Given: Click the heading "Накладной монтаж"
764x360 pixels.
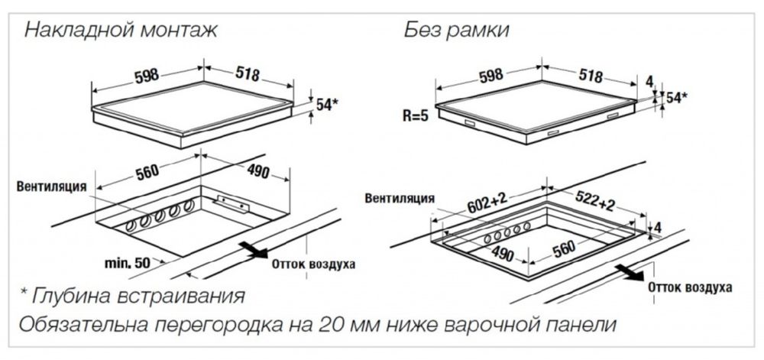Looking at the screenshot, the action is point(121,31).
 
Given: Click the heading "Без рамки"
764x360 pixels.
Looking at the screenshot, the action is point(457,31).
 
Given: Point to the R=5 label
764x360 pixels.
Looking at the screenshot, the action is point(415,117).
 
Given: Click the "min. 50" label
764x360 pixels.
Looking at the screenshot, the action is point(128,264).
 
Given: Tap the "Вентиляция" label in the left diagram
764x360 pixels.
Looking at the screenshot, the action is point(52,186).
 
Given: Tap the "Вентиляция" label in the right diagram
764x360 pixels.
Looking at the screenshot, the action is point(400,198).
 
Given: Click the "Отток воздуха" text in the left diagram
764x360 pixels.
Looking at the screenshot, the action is point(313,264).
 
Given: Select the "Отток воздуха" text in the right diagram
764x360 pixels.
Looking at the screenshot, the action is point(689,287).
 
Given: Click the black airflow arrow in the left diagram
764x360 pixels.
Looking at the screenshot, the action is point(254,250).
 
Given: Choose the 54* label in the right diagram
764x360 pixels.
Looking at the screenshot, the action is point(677,97).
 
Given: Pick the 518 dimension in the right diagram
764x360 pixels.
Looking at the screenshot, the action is point(590,75).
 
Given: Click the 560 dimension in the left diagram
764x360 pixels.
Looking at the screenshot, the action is point(147,173).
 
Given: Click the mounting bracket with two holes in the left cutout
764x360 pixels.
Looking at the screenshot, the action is point(233,203).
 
